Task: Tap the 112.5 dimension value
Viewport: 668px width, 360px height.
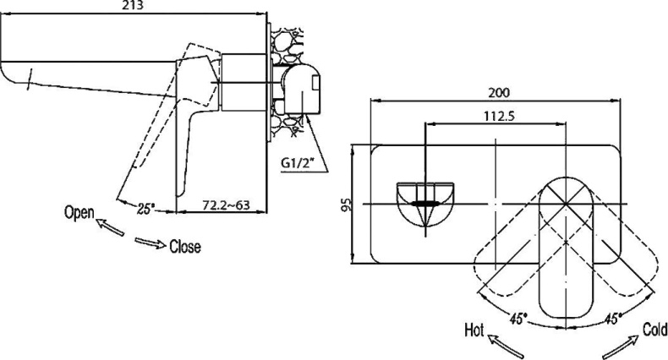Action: click(495, 117)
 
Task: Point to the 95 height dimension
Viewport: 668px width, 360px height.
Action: click(345, 205)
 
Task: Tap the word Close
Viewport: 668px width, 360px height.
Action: click(185, 248)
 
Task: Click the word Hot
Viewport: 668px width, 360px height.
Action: click(474, 330)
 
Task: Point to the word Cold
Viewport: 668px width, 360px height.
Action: click(654, 330)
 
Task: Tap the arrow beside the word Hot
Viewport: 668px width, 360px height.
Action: click(507, 345)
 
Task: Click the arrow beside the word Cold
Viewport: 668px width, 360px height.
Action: click(619, 345)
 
